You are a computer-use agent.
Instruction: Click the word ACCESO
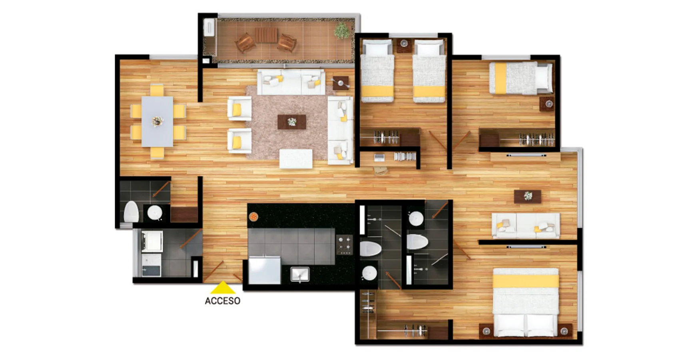222,301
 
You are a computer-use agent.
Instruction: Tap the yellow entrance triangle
223,288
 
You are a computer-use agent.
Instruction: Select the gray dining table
158,121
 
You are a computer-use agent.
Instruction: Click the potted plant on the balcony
342,30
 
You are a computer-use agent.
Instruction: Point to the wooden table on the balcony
266,35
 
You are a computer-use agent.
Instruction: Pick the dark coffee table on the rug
292,122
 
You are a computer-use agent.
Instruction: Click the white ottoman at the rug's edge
296,159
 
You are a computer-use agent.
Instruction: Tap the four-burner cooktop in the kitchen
345,245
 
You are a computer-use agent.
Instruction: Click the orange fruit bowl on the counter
253,217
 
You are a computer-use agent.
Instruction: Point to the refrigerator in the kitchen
265,271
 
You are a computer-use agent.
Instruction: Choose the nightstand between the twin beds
404,45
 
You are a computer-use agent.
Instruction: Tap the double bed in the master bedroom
525,302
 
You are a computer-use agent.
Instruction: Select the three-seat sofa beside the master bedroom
526,226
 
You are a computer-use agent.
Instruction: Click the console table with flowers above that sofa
528,196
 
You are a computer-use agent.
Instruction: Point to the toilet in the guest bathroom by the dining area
131,212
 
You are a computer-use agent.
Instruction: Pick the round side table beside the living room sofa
341,83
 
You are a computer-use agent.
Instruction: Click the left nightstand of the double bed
486,331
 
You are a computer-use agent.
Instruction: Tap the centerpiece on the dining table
158,121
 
